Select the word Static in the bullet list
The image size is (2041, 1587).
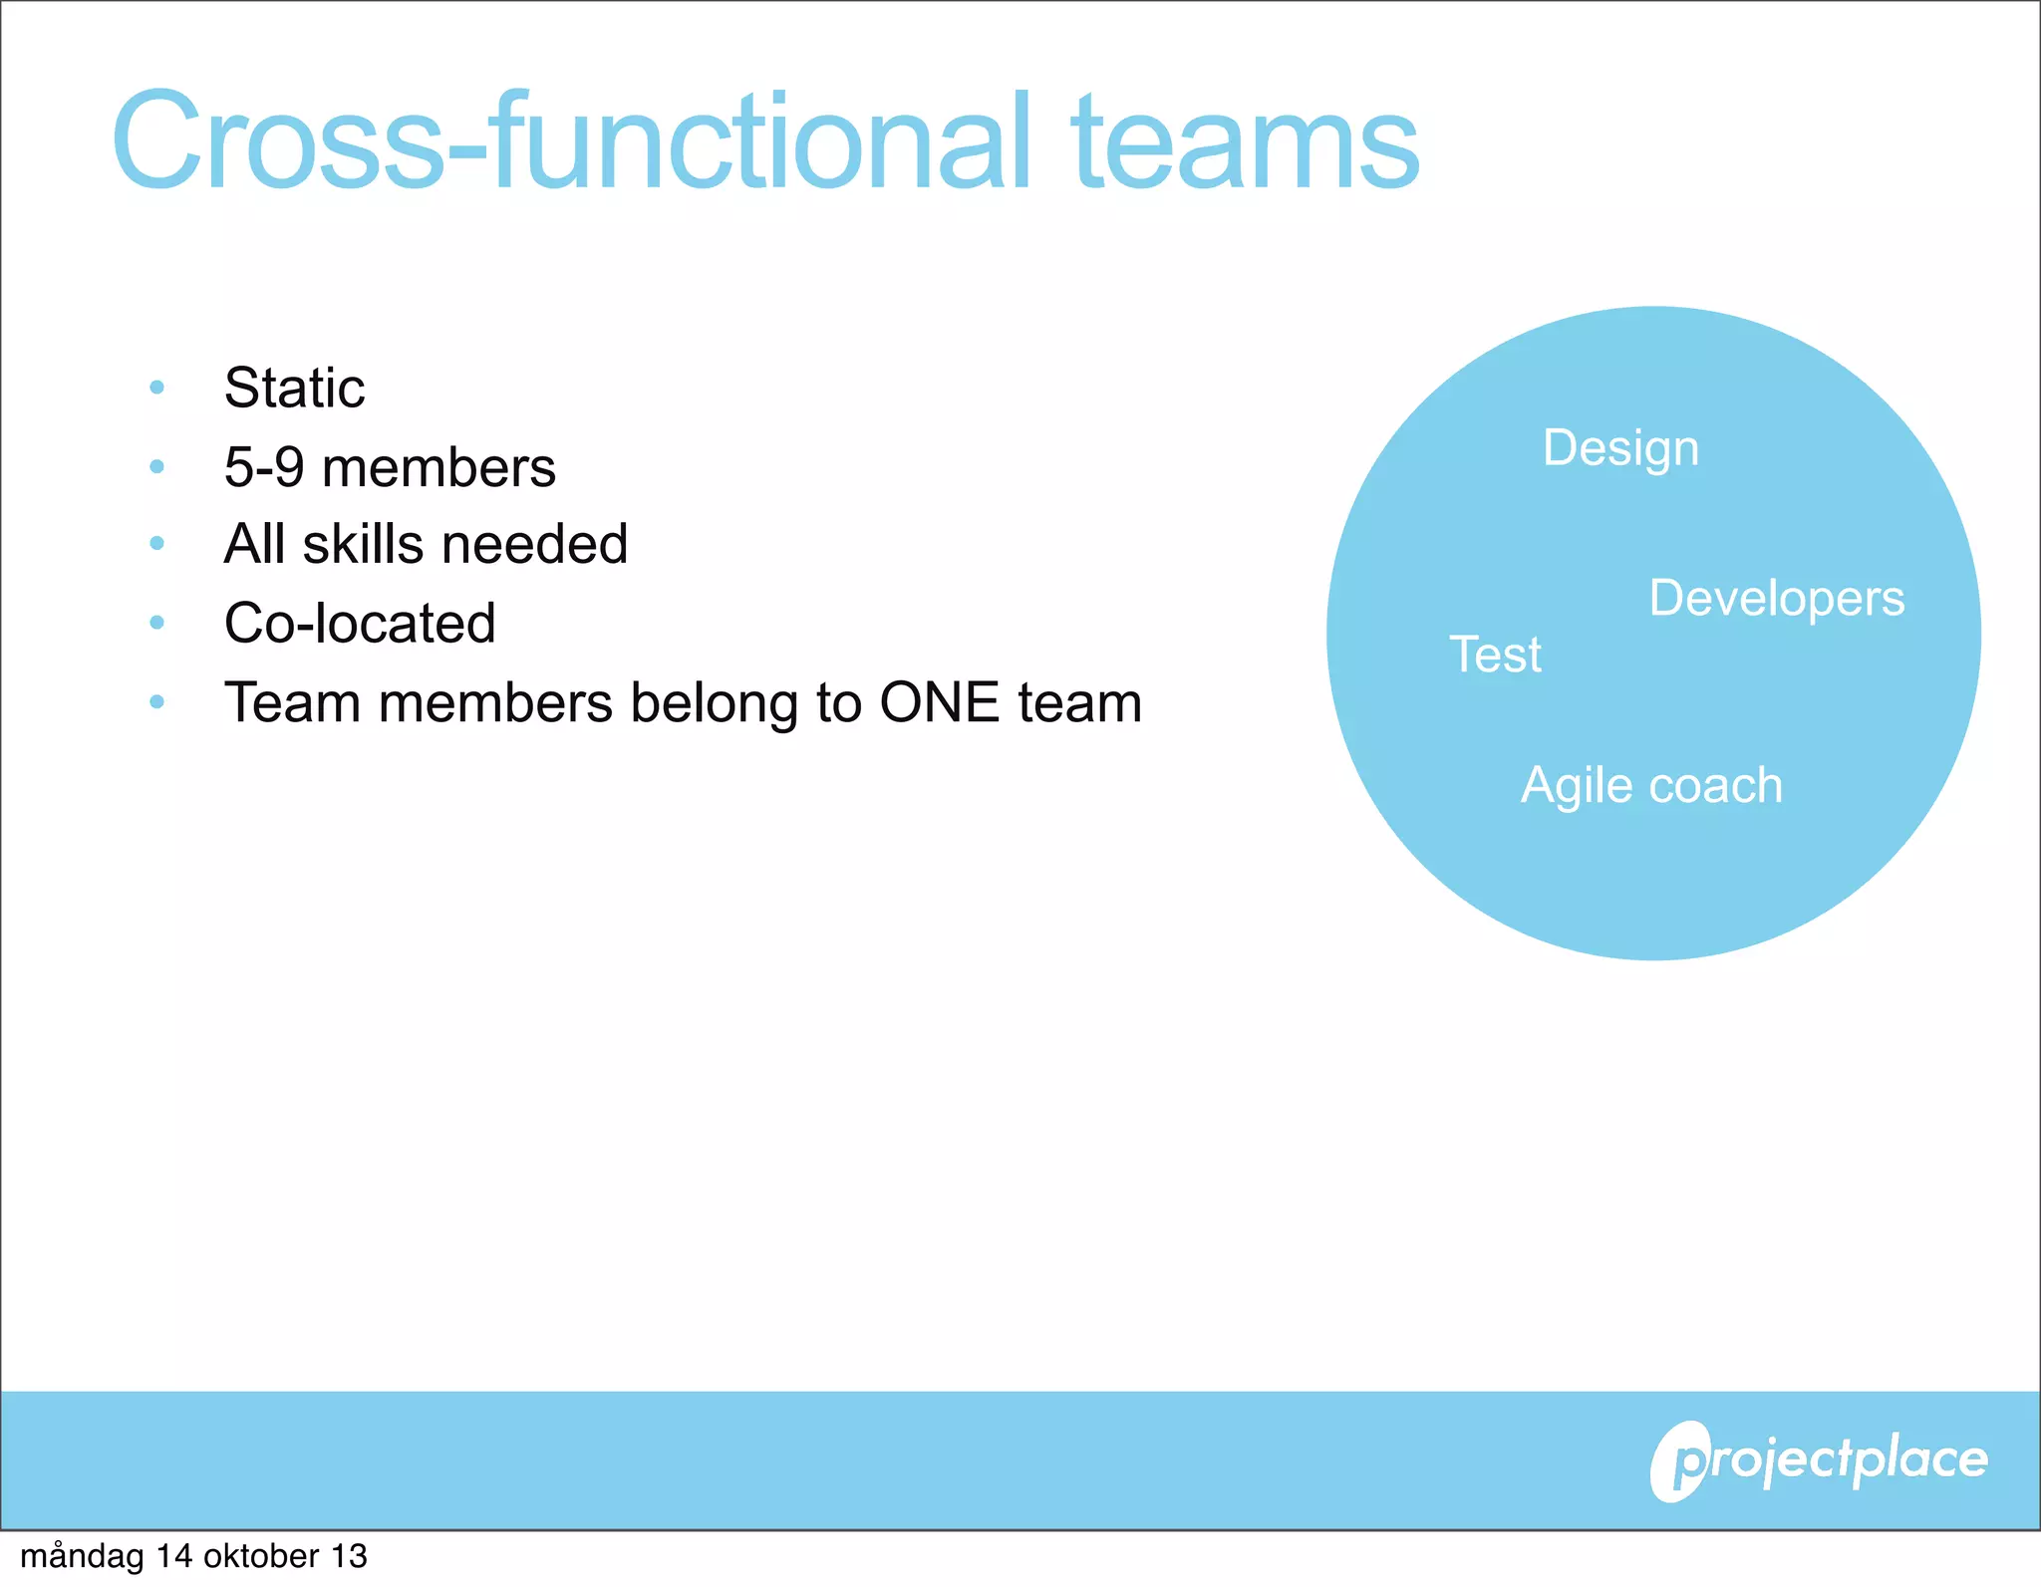[x=294, y=388]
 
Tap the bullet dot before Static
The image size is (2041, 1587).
[x=156, y=388]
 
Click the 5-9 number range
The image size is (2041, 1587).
[x=264, y=467]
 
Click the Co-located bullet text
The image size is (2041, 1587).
[x=360, y=624]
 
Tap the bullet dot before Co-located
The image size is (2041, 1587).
[x=156, y=624]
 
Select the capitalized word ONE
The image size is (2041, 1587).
[x=939, y=702]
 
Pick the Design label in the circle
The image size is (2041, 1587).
[x=1620, y=449]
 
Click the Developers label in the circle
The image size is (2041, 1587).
[x=1776, y=599]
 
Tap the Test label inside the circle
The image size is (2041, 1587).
[x=1495, y=656]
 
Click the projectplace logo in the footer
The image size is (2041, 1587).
[x=1819, y=1461]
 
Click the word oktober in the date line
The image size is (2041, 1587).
[x=261, y=1556]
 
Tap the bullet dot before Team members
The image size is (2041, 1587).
[x=156, y=702]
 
